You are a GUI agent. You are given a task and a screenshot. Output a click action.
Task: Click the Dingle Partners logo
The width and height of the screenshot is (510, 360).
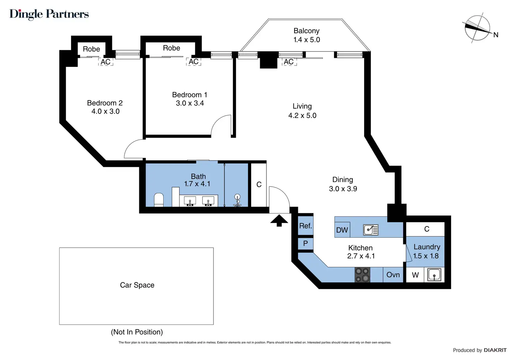[x=49, y=14]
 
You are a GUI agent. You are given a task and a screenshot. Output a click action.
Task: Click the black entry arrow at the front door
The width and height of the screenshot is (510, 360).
[x=279, y=220]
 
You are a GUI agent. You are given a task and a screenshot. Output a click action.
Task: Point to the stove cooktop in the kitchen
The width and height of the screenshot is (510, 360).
[x=362, y=275]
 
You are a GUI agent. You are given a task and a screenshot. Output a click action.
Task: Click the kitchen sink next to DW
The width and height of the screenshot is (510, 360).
[x=371, y=229]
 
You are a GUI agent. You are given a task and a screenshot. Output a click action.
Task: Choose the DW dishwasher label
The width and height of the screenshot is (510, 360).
[x=342, y=230]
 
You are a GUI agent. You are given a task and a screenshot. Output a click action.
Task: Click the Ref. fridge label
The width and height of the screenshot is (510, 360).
[x=306, y=226]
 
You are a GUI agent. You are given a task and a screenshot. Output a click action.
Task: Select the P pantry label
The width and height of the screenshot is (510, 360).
[x=305, y=243]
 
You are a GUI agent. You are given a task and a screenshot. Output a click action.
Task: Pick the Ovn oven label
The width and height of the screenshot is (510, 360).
[x=393, y=275]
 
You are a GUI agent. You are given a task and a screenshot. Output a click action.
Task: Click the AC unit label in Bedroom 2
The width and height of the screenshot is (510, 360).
[x=106, y=62]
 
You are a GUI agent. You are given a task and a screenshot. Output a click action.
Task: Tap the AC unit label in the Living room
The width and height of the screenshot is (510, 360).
[x=289, y=62]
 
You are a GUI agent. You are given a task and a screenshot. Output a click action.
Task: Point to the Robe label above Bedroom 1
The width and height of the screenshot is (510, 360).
[x=172, y=48]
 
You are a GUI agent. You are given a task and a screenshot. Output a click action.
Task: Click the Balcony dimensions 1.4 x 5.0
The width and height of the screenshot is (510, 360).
[x=307, y=40]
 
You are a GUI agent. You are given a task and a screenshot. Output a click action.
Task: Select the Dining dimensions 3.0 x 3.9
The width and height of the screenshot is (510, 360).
[x=343, y=189]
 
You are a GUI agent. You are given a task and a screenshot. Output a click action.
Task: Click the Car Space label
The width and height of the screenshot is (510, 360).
[x=137, y=285]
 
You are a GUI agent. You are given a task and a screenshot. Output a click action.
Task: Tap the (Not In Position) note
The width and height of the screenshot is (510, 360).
[x=137, y=332]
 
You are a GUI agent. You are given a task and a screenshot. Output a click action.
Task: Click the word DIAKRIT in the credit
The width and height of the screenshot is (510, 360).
[x=495, y=350]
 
